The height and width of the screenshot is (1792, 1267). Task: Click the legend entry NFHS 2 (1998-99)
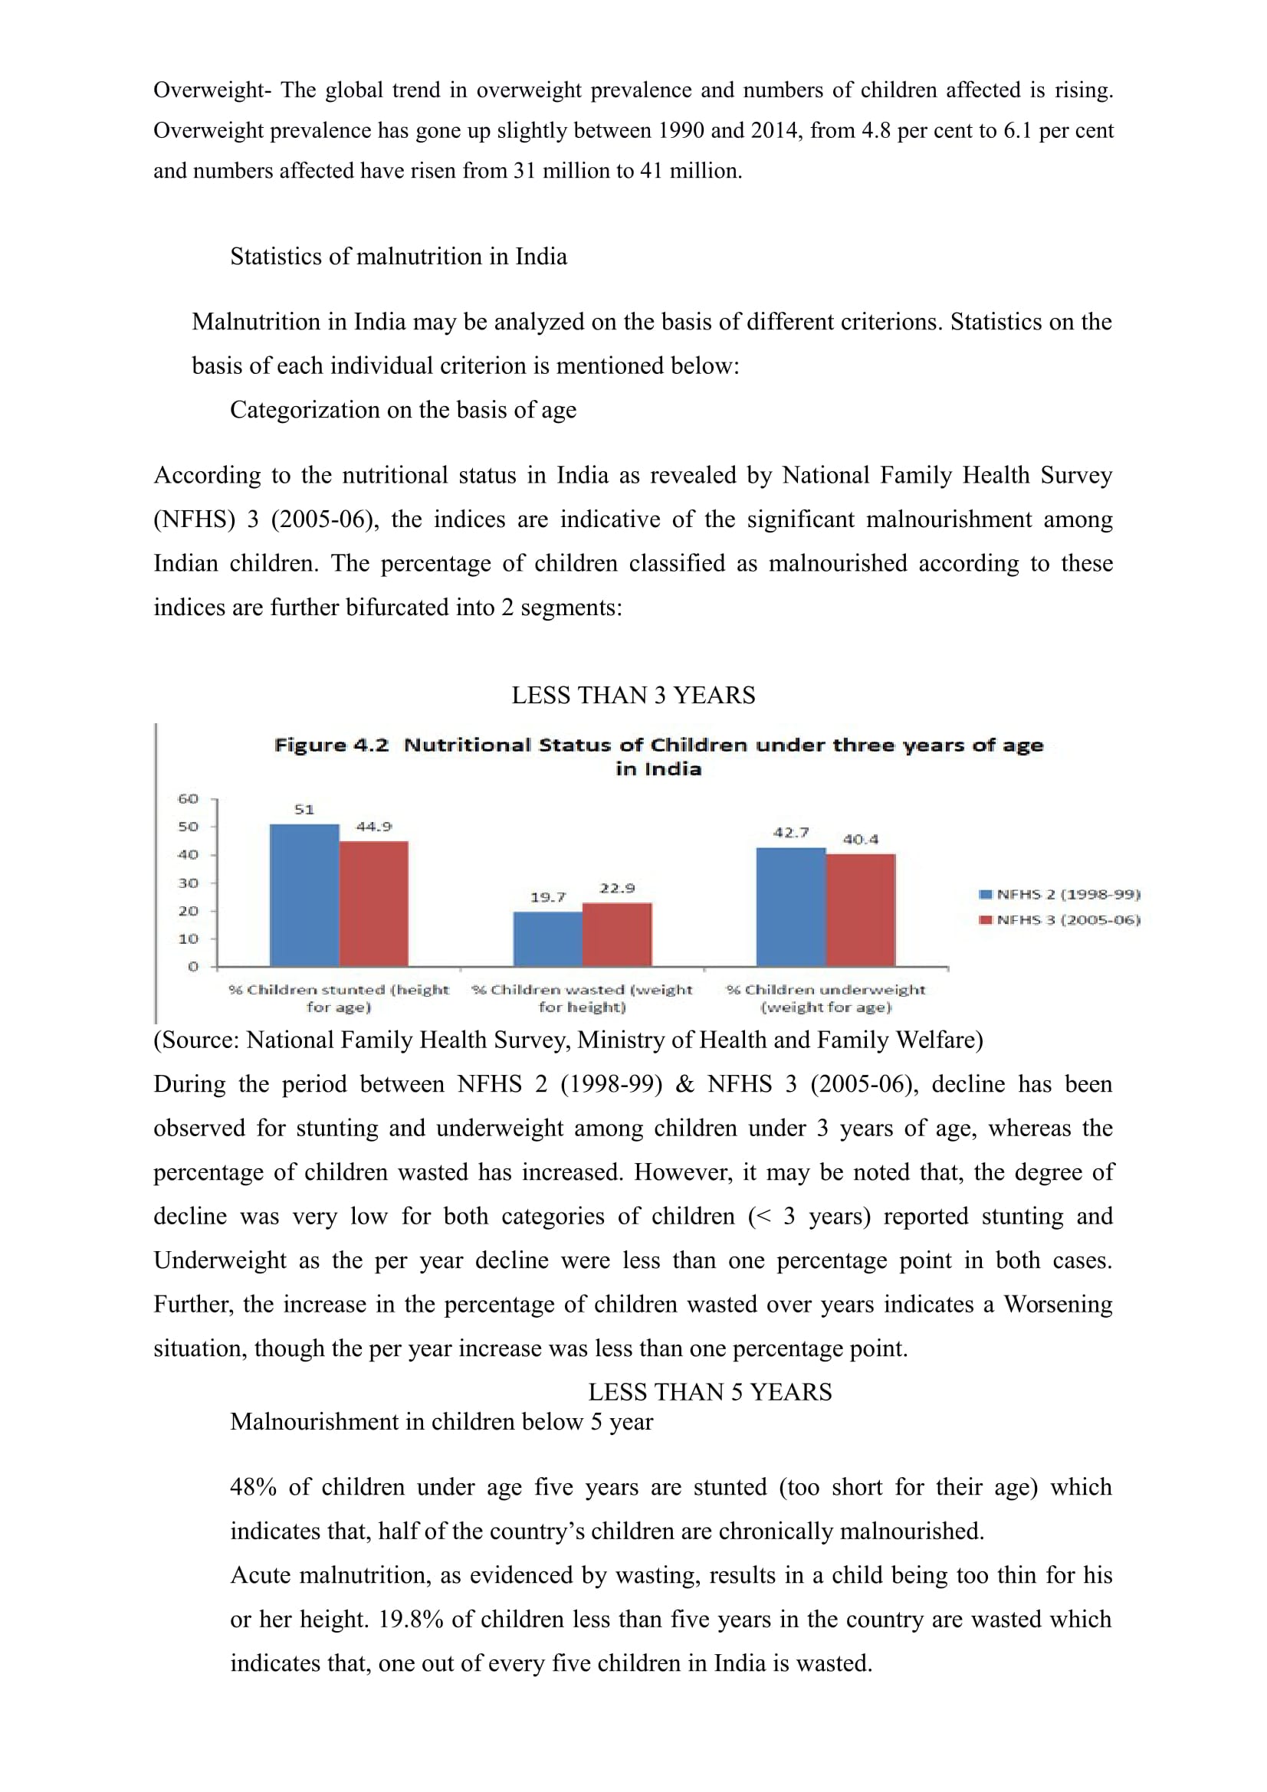coord(1059,894)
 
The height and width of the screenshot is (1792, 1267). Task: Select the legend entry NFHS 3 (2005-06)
coord(1059,919)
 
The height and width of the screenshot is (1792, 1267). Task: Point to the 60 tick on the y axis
coord(188,798)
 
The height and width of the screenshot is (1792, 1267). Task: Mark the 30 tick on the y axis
coord(188,883)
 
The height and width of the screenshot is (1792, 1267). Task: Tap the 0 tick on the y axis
coord(193,966)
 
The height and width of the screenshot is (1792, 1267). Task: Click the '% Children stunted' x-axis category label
coord(339,998)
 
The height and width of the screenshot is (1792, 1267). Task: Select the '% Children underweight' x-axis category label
coord(826,998)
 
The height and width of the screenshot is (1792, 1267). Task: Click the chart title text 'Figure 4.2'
coord(331,745)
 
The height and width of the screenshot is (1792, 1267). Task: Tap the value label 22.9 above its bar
coord(617,888)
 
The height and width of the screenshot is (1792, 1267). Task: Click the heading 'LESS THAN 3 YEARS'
coord(633,696)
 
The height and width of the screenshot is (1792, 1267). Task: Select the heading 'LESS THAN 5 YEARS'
coord(710,1391)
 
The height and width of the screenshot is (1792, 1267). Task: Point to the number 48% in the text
coord(253,1487)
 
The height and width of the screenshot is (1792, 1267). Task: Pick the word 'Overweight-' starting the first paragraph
coord(212,90)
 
